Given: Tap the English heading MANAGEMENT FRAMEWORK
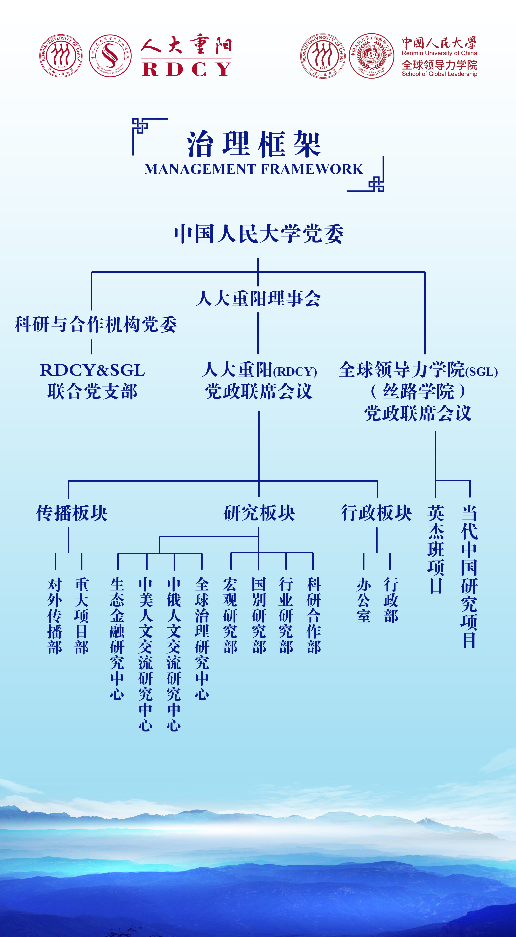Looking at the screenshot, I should point(254,169).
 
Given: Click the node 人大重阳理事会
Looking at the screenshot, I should point(258,298).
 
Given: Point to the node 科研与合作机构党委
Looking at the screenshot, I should point(96,324).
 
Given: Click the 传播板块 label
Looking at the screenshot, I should point(72,513).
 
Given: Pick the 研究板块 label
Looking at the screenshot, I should point(259,513).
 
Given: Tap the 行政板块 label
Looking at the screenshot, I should point(376,513).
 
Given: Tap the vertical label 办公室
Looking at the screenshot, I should point(363,600).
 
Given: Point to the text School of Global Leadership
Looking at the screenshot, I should point(439,74).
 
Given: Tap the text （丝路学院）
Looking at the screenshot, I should point(418,391).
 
